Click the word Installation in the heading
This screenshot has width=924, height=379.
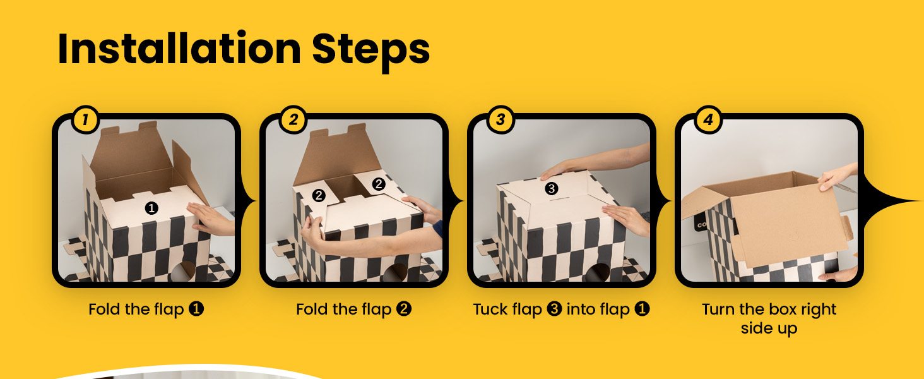click(x=179, y=49)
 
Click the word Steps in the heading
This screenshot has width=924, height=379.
click(x=371, y=51)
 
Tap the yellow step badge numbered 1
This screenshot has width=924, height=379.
click(x=85, y=120)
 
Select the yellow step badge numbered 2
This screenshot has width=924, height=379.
click(x=293, y=120)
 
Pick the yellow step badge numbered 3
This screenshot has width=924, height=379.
click(x=500, y=120)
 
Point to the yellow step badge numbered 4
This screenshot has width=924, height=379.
click(x=708, y=120)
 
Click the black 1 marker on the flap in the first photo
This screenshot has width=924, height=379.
click(x=151, y=208)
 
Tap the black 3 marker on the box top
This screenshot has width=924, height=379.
click(x=552, y=189)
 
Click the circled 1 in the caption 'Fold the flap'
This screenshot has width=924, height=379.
click(x=196, y=310)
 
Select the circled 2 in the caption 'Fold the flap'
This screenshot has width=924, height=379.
click(x=404, y=310)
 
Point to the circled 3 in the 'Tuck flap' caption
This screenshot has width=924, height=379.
click(x=554, y=310)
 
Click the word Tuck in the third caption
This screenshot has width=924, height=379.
click(x=491, y=310)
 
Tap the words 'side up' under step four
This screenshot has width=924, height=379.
click(x=769, y=329)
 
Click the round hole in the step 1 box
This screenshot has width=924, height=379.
click(x=183, y=271)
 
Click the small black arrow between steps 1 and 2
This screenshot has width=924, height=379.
click(x=248, y=201)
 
